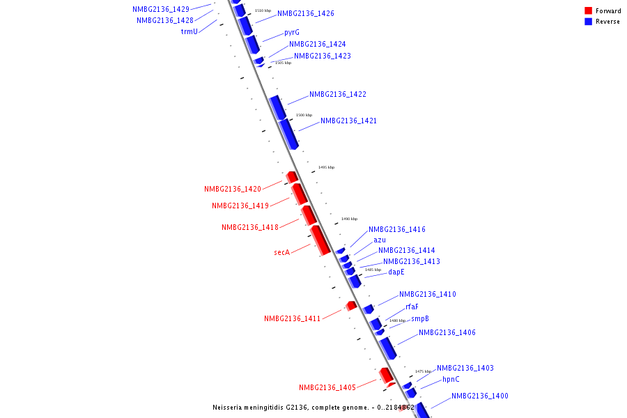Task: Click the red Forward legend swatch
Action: pyautogui.click(x=589, y=10)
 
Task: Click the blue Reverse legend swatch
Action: pyautogui.click(x=589, y=22)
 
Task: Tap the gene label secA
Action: pyautogui.click(x=281, y=252)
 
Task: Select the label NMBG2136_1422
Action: pyautogui.click(x=338, y=94)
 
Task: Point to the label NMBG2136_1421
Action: pyautogui.click(x=348, y=121)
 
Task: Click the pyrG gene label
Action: pyautogui.click(x=292, y=33)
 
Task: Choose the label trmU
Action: pyautogui.click(x=189, y=31)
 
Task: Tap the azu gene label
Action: pyautogui.click(x=380, y=240)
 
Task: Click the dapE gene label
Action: pyautogui.click(x=396, y=272)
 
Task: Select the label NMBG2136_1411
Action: pyautogui.click(x=293, y=318)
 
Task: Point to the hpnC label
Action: pyautogui.click(x=451, y=380)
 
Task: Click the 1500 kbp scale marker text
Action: pyautogui.click(x=304, y=115)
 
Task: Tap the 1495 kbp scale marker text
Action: pyautogui.click(x=326, y=167)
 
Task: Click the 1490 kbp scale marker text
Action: pyautogui.click(x=349, y=219)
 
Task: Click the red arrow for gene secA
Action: pyautogui.click(x=320, y=240)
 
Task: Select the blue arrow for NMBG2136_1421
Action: pyautogui.click(x=288, y=134)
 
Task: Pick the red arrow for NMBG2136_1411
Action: pyautogui.click(x=351, y=305)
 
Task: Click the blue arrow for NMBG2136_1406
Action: pyautogui.click(x=388, y=348)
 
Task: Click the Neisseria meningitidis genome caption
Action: pyautogui.click(x=313, y=408)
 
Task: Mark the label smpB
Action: pyautogui.click(x=420, y=318)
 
